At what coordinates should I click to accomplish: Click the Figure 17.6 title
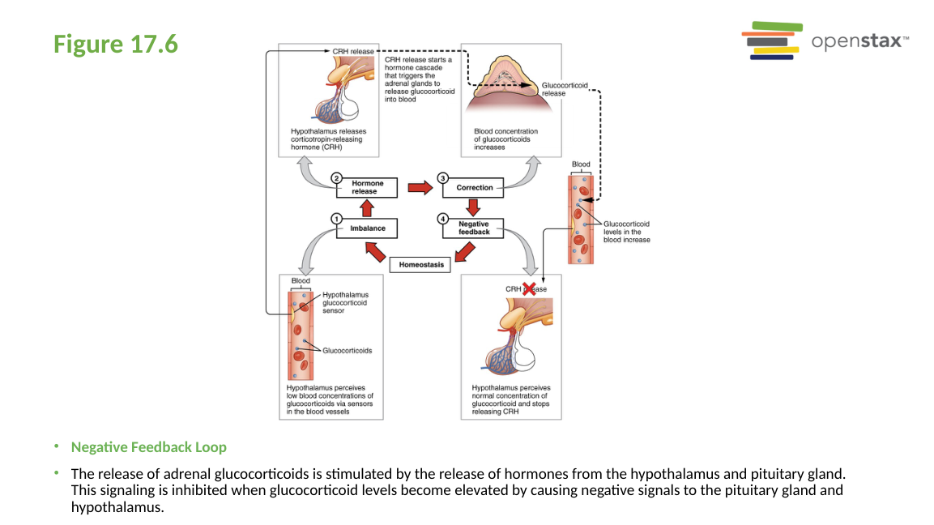116,44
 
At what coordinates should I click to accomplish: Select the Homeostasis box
420,264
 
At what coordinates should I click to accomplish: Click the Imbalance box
367,228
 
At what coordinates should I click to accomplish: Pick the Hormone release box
367,188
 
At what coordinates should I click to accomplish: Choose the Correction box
474,188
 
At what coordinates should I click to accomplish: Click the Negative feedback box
474,228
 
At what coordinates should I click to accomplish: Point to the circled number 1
336,218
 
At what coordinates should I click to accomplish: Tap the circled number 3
442,177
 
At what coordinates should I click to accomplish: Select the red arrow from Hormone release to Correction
420,188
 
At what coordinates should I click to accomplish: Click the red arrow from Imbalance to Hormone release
367,208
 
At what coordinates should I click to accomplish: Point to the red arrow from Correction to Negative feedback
474,208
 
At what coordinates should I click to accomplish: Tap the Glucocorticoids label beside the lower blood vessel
347,351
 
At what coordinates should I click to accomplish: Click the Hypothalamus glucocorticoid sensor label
345,302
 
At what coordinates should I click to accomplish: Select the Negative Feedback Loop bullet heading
149,447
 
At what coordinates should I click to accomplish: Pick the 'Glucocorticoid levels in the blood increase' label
626,232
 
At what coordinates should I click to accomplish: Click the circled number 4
442,218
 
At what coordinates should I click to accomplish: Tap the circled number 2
336,177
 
